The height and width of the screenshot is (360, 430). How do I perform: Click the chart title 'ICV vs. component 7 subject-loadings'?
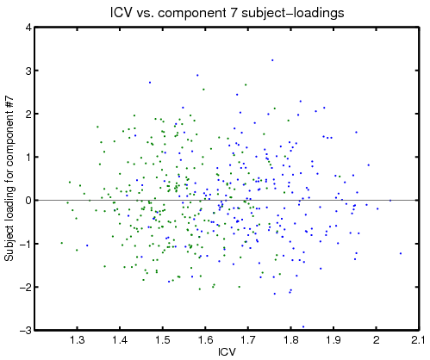(227, 13)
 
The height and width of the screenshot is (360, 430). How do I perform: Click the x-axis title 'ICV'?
(227, 351)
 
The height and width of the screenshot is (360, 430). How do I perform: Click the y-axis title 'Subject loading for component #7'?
(9, 178)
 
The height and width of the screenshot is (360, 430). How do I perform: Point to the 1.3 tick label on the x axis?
(77, 340)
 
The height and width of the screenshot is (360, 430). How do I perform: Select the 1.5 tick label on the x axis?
(163, 340)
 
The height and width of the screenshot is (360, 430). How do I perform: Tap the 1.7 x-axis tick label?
(248, 340)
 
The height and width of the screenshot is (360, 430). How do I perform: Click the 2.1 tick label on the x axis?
(419, 340)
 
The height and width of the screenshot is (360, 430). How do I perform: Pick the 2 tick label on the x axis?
(377, 340)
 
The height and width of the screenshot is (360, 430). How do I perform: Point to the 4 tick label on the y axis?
(28, 28)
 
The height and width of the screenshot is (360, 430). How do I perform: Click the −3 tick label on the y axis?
(25, 330)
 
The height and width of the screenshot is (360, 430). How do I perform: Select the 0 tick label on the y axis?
(28, 201)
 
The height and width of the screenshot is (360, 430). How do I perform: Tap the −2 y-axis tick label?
(25, 287)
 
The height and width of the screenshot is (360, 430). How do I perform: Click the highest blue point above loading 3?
(272, 60)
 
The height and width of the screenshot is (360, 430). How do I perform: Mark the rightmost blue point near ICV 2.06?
(401, 253)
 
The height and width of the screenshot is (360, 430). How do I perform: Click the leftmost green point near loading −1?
(62, 243)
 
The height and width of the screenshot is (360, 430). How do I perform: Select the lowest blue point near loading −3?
(303, 326)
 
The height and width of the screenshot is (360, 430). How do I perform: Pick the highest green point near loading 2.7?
(246, 84)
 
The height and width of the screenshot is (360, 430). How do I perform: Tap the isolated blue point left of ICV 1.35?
(87, 245)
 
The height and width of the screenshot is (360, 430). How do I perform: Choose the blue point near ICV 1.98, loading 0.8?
(369, 165)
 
